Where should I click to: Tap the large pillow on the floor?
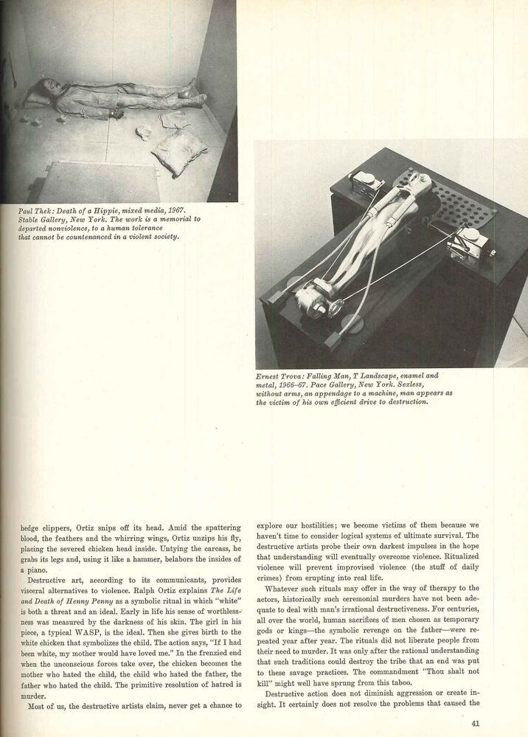coord(179,153)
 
